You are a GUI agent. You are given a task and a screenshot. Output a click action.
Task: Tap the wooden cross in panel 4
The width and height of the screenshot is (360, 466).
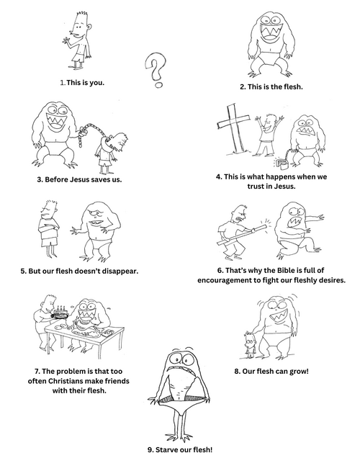click(x=234, y=128)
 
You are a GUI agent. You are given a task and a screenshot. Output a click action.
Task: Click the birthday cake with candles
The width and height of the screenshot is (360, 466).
click(x=60, y=313)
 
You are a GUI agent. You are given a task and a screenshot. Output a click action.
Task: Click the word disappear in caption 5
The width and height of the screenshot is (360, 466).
click(x=121, y=272)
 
